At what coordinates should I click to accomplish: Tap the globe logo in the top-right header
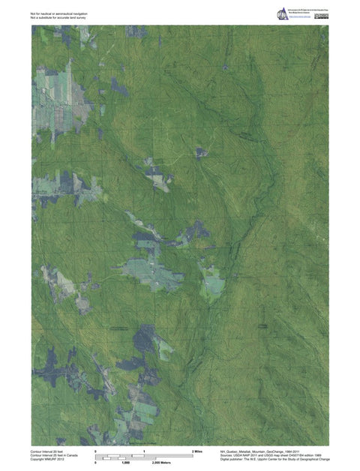tap(283, 14)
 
